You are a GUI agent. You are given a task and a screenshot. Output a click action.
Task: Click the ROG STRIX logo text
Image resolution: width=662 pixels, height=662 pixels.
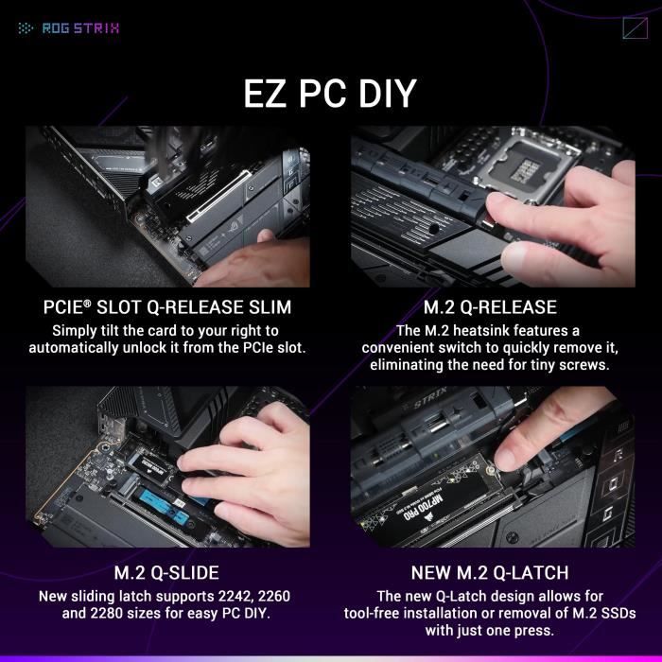pos(80,27)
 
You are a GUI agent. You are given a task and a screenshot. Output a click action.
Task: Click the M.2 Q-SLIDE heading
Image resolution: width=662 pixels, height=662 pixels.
pos(166,573)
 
